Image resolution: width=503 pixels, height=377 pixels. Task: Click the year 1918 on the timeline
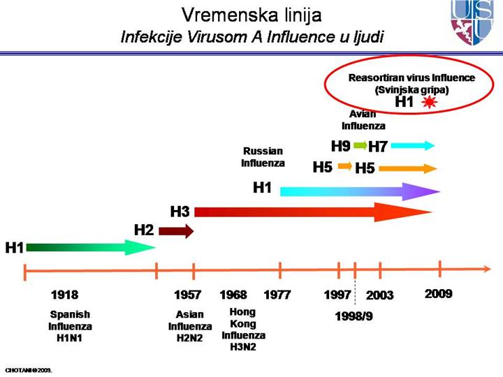65,295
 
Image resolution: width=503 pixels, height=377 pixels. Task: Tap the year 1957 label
188,295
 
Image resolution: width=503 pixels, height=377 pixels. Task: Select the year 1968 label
233,295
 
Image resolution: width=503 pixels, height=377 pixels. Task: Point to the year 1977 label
277,295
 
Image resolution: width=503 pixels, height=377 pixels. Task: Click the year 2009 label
439,294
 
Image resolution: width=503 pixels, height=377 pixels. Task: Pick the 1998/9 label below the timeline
354,316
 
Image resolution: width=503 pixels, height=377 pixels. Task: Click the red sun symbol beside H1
429,102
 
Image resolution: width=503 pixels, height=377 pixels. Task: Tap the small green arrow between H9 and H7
359,146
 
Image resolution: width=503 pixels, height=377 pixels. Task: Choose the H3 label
180,211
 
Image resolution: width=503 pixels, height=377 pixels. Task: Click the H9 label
340,146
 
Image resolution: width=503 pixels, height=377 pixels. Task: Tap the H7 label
378,147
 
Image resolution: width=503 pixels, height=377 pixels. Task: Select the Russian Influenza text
263,157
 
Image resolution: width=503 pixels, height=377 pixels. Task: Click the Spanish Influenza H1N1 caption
70,326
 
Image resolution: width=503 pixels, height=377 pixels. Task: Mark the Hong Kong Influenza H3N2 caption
243,330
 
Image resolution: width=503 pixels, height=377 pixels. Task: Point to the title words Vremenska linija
251,15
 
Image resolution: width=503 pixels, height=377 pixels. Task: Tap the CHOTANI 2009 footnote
29,369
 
